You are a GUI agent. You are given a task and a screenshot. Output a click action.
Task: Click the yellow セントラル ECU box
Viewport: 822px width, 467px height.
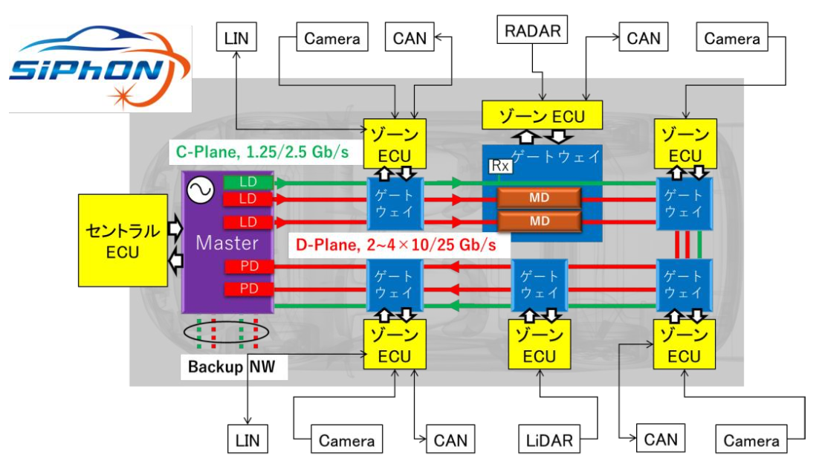pos(122,241)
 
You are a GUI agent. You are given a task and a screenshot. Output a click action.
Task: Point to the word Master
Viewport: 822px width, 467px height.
pos(227,242)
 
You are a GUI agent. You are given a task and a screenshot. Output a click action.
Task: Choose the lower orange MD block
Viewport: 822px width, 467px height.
pos(540,221)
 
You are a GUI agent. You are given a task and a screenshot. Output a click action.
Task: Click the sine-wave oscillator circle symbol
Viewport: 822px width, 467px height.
pos(201,191)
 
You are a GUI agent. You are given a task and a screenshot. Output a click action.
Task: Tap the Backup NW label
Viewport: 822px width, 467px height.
pos(232,367)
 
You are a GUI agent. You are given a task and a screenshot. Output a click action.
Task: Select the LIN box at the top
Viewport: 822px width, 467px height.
pos(236,37)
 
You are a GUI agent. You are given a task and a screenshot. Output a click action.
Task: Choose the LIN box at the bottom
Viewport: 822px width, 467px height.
pos(247,439)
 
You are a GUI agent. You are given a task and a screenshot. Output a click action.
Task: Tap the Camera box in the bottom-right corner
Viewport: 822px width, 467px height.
pos(751,440)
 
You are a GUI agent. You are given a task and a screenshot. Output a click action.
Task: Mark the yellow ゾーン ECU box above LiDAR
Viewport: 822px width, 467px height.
pos(539,346)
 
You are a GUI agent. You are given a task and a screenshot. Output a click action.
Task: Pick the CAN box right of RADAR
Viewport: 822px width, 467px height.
pos(644,37)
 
